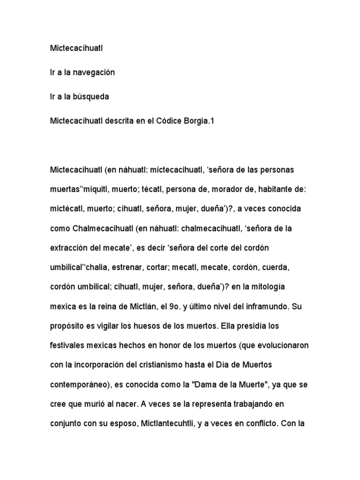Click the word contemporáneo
coord(80,385)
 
